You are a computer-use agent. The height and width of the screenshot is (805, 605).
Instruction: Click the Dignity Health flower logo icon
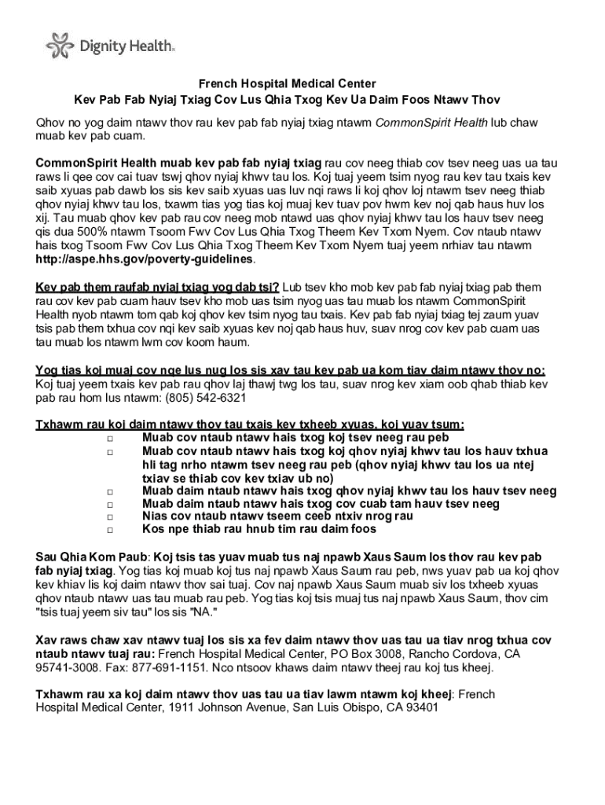60,46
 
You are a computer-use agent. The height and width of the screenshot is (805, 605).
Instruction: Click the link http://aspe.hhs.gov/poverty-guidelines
145,259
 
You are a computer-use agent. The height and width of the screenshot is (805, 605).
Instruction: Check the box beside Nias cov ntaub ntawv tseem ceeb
110,517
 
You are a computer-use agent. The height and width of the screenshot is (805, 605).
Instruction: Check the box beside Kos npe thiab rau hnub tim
110,531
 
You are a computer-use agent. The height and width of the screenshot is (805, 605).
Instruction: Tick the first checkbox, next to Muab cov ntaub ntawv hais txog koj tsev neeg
110,438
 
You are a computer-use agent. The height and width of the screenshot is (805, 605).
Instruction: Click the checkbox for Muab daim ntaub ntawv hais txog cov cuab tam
110,504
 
